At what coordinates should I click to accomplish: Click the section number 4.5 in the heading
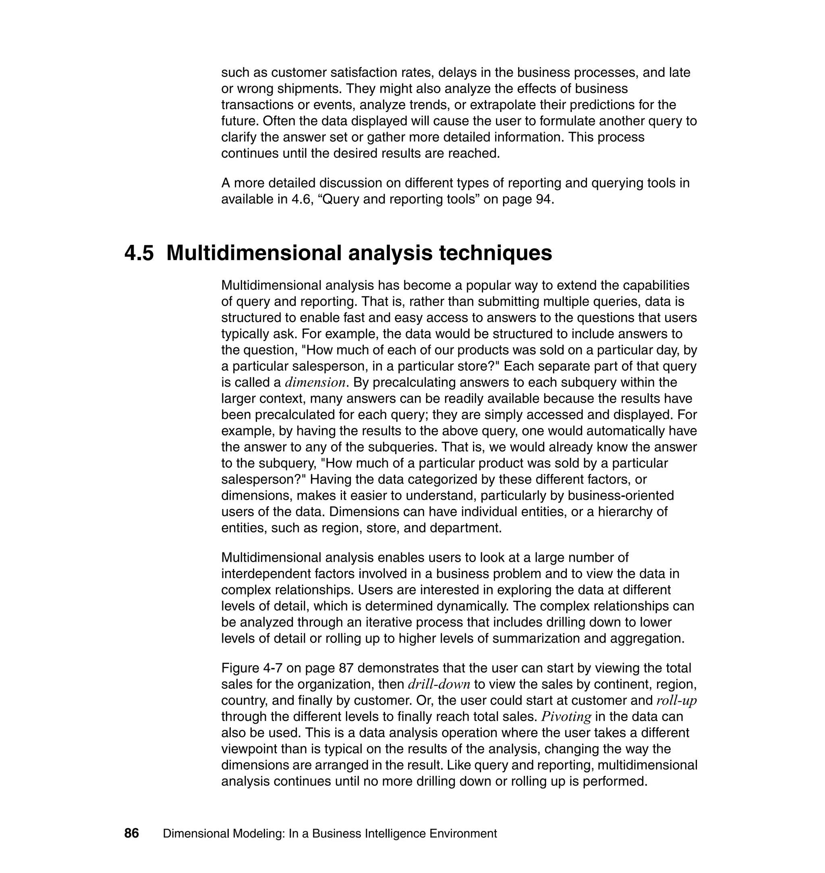click(139, 254)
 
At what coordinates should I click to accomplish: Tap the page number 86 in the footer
click(131, 834)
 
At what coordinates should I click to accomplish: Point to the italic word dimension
click(315, 383)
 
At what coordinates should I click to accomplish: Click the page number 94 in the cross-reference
click(542, 200)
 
